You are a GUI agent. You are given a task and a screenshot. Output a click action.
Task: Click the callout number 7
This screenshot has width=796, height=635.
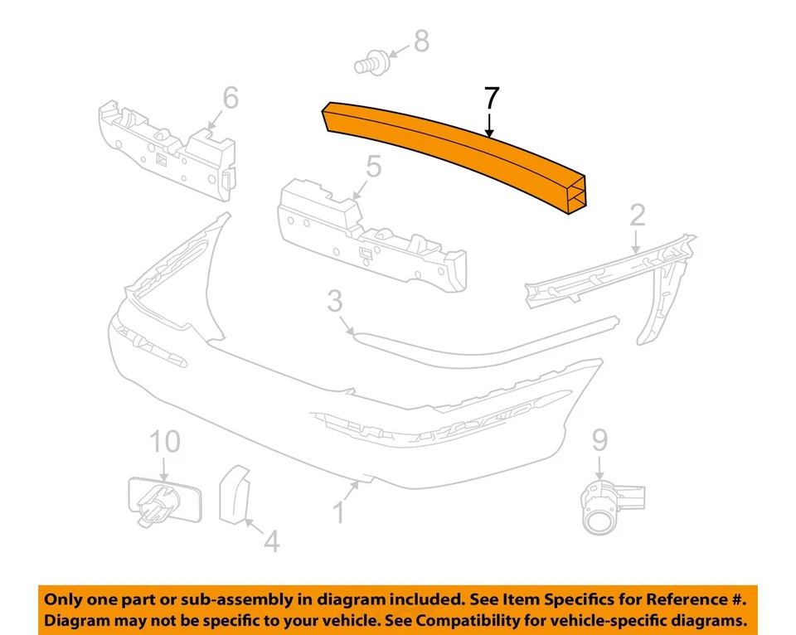(491, 98)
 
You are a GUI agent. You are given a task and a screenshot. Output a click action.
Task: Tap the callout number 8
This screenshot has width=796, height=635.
(421, 40)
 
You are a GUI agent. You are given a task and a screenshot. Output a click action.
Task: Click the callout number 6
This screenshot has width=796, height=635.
(230, 98)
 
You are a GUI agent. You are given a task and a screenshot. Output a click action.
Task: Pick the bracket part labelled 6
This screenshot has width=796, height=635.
(166, 149)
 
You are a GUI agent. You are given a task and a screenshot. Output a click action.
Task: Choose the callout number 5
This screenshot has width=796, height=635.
(373, 167)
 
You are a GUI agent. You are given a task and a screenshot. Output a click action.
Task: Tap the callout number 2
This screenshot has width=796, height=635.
(637, 216)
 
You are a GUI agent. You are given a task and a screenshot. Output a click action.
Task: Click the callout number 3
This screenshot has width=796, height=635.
(334, 301)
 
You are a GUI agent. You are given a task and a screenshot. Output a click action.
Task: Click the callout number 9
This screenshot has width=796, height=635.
(599, 440)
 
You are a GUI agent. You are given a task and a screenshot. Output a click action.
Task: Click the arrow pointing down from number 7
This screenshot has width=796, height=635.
(490, 124)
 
